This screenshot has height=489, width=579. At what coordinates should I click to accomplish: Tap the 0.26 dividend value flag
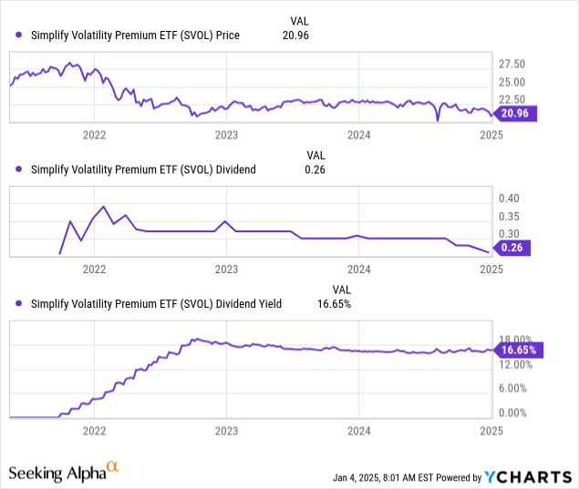tap(517, 247)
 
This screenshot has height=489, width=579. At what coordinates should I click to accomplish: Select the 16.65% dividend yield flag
tap(517, 350)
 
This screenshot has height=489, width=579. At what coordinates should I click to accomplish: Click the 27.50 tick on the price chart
tap(513, 64)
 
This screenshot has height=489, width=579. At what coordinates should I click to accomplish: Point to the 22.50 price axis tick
tap(513, 99)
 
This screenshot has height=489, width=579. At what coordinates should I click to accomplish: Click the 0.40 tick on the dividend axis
tap(509, 199)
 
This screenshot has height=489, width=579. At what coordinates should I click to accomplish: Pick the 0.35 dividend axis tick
tap(509, 217)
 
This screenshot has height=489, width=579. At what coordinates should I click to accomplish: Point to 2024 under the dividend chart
tap(358, 270)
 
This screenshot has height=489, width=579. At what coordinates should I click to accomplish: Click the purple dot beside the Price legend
tap(19, 36)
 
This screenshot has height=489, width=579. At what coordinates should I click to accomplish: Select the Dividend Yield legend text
tap(156, 304)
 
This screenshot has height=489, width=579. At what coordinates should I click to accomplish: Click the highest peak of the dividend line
tap(104, 206)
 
